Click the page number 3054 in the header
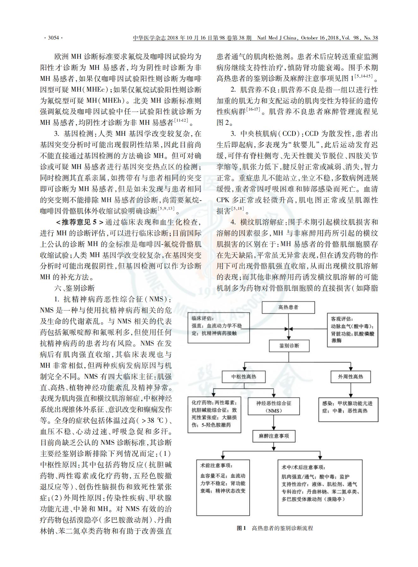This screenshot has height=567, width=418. (53, 38)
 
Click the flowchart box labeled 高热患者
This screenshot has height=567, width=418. (288, 307)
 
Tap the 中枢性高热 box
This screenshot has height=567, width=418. (244, 377)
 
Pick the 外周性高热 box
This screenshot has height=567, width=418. (350, 377)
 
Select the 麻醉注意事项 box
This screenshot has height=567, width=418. (274, 436)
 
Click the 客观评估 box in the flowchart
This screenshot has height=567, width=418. (352, 330)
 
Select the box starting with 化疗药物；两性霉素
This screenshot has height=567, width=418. (214, 414)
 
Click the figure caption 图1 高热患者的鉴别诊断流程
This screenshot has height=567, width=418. (275, 528)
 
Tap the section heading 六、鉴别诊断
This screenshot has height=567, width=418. (75, 288)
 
